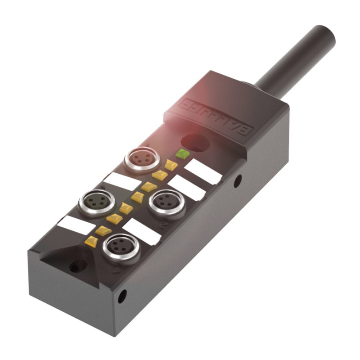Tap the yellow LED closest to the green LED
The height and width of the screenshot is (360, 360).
pyautogui.click(x=171, y=164)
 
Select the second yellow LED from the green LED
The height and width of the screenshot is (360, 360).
pyautogui.click(x=160, y=175)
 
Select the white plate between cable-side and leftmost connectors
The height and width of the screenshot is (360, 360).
pyautogui.click(x=121, y=181)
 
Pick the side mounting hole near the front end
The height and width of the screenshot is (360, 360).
pyautogui.click(x=122, y=296)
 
